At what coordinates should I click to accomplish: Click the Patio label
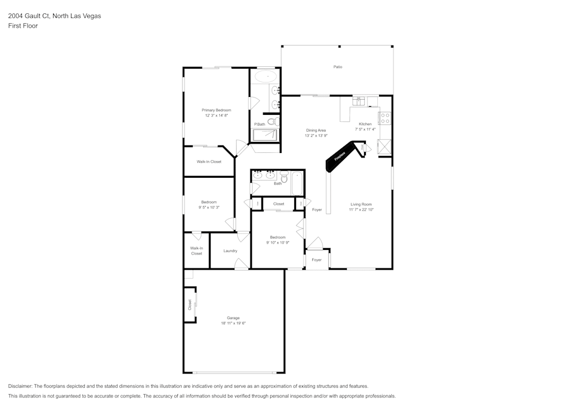(338, 67)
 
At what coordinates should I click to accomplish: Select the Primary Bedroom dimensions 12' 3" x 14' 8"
(216, 115)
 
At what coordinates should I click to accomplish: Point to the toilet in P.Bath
(271, 122)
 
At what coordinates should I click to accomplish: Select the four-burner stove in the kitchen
(384, 118)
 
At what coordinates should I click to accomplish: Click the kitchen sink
(359, 101)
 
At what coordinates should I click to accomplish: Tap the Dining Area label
(316, 130)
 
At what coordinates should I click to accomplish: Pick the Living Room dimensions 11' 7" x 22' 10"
(361, 209)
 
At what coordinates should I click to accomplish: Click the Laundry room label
(230, 250)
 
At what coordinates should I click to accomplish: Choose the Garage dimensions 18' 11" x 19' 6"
(233, 323)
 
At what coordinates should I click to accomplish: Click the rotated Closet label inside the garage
(189, 304)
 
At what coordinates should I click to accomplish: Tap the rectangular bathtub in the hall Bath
(297, 183)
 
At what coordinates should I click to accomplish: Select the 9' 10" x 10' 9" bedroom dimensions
(278, 242)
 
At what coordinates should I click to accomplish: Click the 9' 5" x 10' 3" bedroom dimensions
(209, 207)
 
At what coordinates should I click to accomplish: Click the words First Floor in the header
(23, 26)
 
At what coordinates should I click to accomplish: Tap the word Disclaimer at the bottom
(21, 386)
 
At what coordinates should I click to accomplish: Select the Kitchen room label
(365, 124)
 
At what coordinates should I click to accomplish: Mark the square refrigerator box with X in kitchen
(384, 147)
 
